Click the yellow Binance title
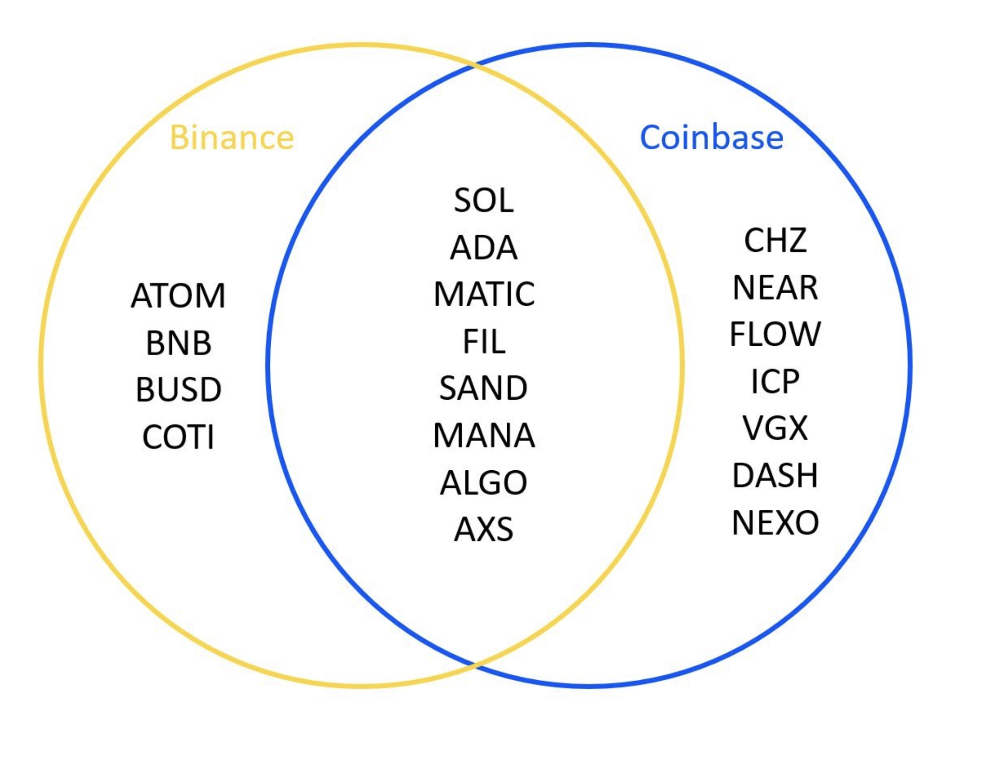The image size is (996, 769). pyautogui.click(x=232, y=137)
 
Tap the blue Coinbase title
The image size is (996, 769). pyautogui.click(x=711, y=137)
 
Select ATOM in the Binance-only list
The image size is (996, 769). pyautogui.click(x=178, y=296)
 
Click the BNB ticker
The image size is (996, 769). pyautogui.click(x=178, y=343)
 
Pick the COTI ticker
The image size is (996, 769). pyautogui.click(x=178, y=437)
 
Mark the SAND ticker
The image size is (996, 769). pyautogui.click(x=483, y=388)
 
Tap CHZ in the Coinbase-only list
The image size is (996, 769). pyautogui.click(x=775, y=240)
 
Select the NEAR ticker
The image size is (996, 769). pyautogui.click(x=775, y=288)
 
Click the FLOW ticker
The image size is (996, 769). pyautogui.click(x=775, y=334)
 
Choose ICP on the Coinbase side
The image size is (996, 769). pyautogui.click(x=775, y=381)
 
